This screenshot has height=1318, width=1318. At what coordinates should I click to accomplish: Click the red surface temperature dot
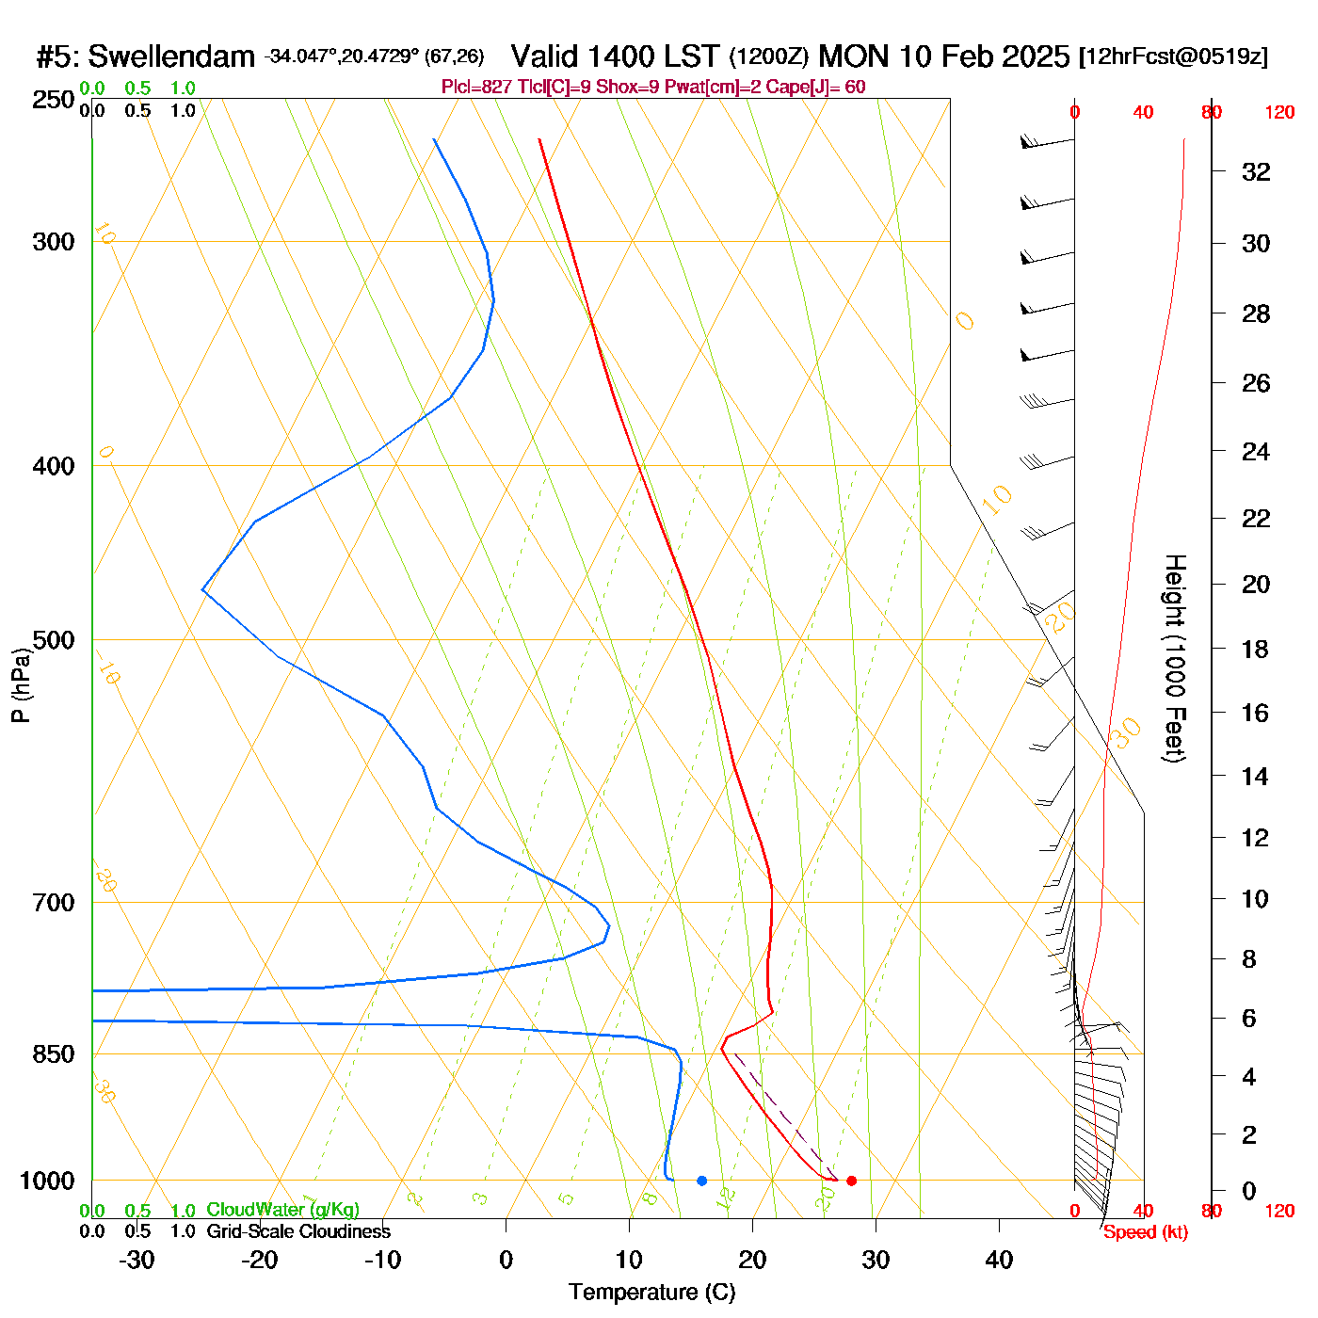coord(851,1181)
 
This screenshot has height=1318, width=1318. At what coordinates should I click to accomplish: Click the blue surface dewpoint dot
coord(701,1181)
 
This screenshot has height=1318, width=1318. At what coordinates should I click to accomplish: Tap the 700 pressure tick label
coord(54,903)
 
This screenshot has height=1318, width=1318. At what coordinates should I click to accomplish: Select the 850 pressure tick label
coord(54,1054)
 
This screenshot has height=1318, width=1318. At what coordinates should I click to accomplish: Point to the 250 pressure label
coord(54,100)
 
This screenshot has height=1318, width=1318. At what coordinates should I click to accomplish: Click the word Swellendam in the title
coord(171,57)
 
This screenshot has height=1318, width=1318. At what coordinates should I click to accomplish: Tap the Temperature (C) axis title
coord(651,1293)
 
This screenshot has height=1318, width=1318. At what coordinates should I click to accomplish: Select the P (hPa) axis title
coord(21,685)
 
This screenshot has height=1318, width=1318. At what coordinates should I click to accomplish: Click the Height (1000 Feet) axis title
coord(1174,658)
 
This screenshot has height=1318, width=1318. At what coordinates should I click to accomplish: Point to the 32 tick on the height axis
coord(1256,171)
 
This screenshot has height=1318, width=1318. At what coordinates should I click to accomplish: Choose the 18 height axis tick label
coord(1256,649)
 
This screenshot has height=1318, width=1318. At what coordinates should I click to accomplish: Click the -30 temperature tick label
coord(137,1260)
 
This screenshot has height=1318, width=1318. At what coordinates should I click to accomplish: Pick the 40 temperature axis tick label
coord(999,1260)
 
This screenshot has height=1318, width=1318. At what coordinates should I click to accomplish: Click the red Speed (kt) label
coord(1145,1232)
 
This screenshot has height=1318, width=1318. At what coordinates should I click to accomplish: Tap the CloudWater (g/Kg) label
coord(282,1210)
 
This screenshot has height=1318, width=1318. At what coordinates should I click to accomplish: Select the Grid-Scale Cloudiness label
coord(298,1231)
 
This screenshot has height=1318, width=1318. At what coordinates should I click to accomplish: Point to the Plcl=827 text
coord(477,88)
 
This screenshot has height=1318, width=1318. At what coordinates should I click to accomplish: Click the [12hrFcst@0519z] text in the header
coord(1173,56)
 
